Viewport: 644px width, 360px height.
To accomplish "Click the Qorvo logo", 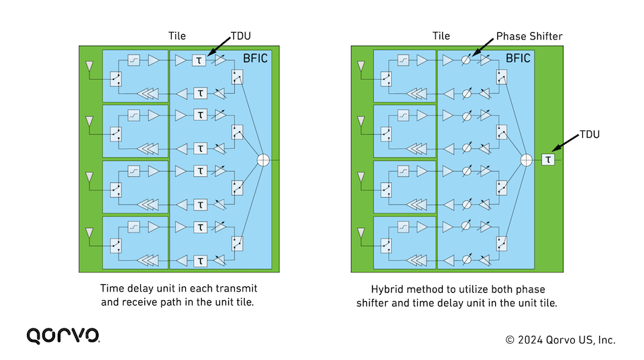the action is (63, 335).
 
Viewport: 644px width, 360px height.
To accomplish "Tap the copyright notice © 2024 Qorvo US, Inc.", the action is (560, 340).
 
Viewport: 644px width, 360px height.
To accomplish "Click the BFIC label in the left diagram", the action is (255, 58).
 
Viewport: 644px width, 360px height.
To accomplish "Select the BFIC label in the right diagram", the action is (518, 58).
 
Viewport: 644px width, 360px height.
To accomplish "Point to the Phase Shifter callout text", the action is (529, 36).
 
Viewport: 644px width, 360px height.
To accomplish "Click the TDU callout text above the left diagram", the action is (241, 36).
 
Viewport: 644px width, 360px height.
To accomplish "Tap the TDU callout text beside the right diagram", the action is (590, 134).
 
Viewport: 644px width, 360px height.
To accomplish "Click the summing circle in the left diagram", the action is (263, 160).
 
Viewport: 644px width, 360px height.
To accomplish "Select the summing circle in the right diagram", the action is (526, 160).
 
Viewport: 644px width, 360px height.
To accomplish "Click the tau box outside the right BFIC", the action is (548, 160).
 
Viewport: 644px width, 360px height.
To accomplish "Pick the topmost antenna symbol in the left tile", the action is (89, 66).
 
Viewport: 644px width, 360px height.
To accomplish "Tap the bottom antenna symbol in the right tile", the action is (361, 233).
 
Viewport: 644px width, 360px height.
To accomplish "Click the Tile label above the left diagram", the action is (177, 36).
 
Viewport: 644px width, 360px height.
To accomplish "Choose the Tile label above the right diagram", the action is (441, 36).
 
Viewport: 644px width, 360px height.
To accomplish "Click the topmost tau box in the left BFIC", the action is (199, 60).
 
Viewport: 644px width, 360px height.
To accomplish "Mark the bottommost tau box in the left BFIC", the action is (200, 261).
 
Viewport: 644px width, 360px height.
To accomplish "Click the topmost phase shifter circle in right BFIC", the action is (466, 60).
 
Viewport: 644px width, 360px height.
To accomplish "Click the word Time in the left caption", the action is (110, 288).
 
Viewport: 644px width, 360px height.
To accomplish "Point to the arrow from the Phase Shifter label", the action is (482, 47).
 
